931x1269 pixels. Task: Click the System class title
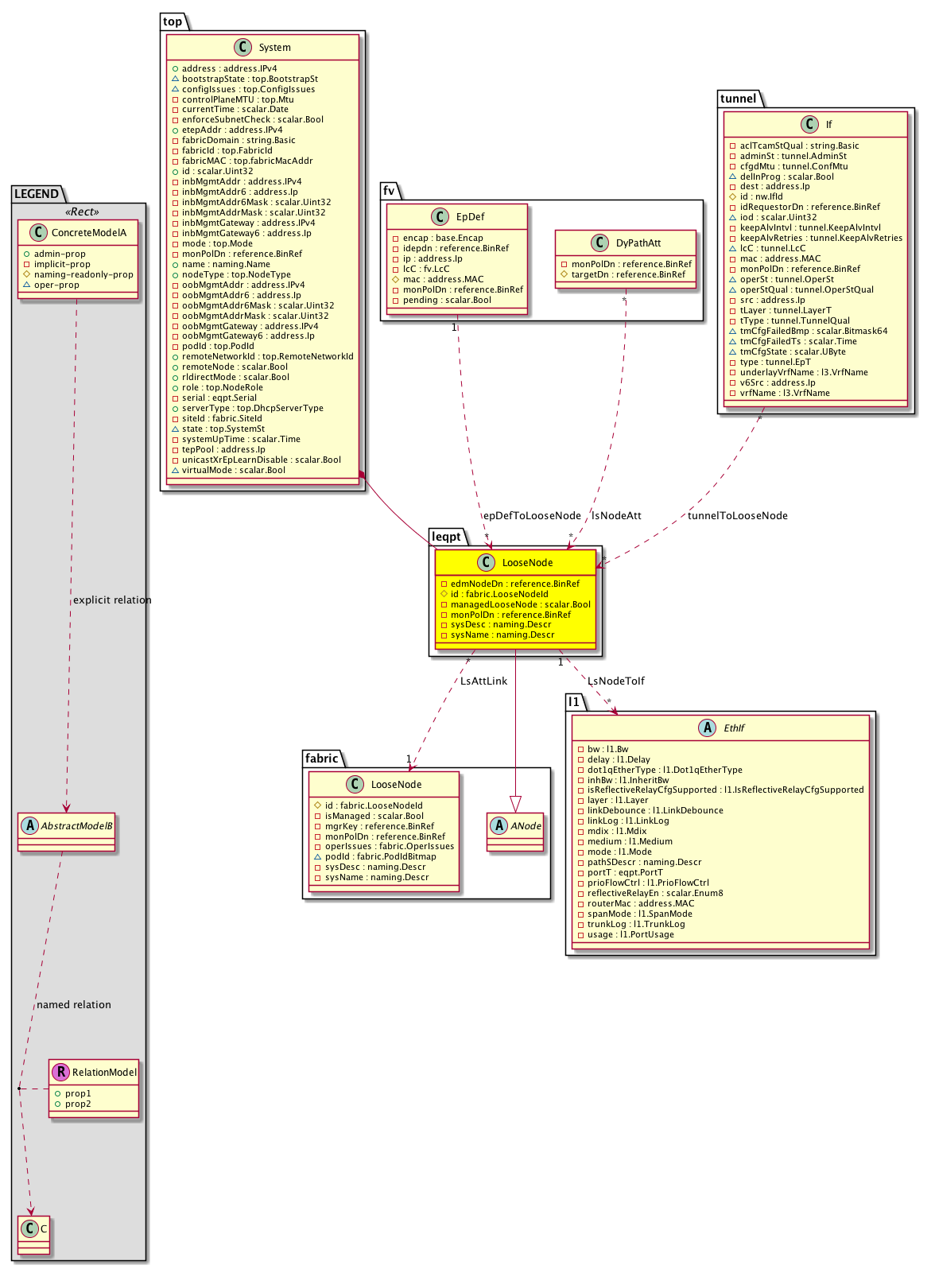coord(274,48)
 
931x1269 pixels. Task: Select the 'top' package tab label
coord(173,21)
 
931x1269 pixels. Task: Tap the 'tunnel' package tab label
coord(738,99)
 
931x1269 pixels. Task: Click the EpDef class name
coord(470,217)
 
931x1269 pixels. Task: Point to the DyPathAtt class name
coord(638,243)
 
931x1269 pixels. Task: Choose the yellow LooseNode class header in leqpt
coord(527,563)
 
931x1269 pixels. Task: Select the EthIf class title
coord(734,728)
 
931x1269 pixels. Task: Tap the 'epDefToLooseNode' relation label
coord(532,516)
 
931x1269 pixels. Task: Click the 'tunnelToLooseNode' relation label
coord(737,516)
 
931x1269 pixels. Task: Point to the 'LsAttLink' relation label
coord(483,681)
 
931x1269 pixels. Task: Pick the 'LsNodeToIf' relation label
coord(615,681)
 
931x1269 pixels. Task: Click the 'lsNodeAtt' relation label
coord(616,516)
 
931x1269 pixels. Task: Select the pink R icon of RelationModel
coord(60,1073)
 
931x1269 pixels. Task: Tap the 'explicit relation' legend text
coord(112,600)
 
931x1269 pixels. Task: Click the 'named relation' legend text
coord(74,1005)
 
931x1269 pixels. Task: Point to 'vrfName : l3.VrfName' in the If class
coord(785,394)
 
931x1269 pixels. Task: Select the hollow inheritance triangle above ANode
coord(516,802)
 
